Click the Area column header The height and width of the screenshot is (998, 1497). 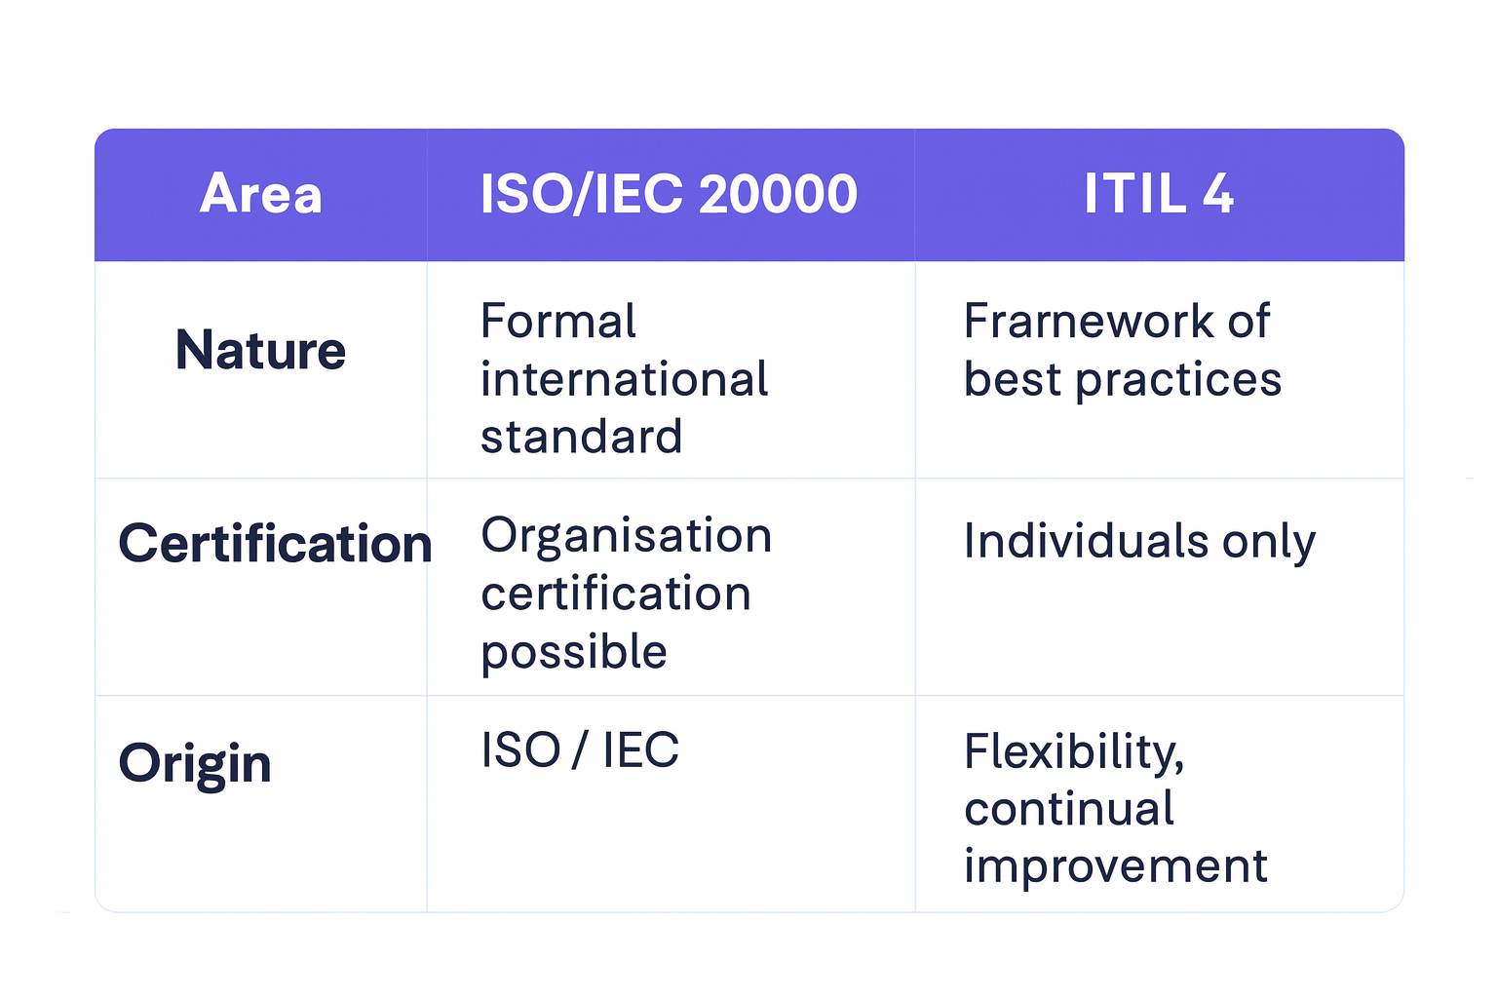coord(260,194)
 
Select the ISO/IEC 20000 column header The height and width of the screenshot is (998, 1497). coord(669,194)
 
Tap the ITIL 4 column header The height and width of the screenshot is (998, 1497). coord(1159,194)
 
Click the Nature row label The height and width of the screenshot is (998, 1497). coord(260,350)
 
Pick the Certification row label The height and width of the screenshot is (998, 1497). coord(276,543)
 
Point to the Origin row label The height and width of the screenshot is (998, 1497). coord(195,764)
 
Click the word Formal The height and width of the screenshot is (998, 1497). coord(558,321)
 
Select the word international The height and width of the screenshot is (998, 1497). coord(624,379)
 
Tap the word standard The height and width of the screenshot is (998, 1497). coord(582,437)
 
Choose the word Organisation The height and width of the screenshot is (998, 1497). coord(627,537)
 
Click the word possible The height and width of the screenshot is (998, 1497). coord(574,653)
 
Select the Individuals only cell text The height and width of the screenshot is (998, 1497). coord(1139,542)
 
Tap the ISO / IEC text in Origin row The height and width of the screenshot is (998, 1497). coord(580,749)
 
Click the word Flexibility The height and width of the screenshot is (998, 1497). coord(1074,752)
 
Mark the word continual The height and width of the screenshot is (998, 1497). coord(1068,808)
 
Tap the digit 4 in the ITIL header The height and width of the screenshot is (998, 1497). coord(1217,194)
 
